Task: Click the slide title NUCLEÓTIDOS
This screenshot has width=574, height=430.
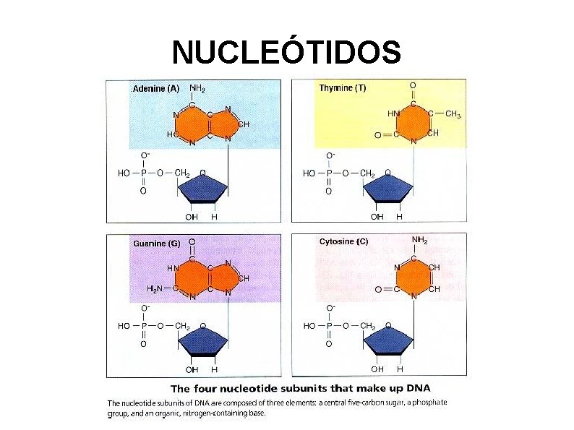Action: point(286,51)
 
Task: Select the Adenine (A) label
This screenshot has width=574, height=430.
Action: point(155,89)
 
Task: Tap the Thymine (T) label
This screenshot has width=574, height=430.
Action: point(342,88)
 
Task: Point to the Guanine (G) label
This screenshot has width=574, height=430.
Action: point(156,244)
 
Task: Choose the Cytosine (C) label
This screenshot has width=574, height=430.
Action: point(343,241)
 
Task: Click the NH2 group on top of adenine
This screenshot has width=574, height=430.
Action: point(197,88)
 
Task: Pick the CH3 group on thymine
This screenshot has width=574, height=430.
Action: point(453,113)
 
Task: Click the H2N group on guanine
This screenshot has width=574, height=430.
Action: point(156,288)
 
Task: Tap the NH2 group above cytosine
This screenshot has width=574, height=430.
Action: point(419,240)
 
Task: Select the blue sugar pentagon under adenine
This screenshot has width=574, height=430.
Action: point(203,192)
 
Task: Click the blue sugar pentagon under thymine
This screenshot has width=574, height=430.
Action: point(389,192)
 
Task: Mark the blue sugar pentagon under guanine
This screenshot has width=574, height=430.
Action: point(203,345)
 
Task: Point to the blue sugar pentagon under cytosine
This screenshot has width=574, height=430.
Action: point(389,345)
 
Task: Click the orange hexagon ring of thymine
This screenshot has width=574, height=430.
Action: point(414,122)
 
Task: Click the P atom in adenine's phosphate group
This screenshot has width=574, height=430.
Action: point(144,173)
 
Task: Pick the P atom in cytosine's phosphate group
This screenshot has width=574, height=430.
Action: point(329,327)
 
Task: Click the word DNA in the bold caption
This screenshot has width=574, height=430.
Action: point(431,389)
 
